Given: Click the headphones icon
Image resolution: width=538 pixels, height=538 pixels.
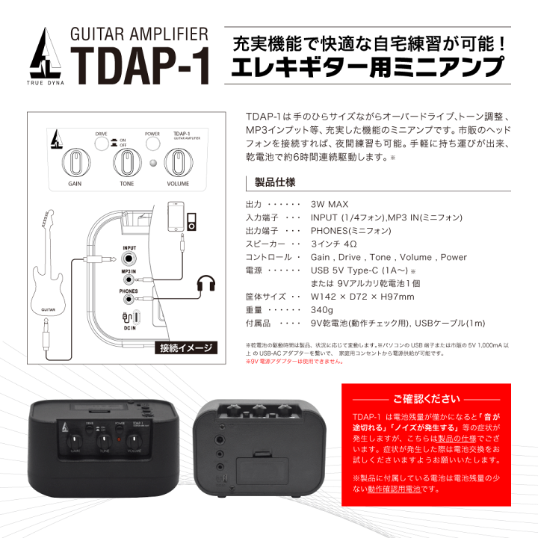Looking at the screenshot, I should [x=206, y=284].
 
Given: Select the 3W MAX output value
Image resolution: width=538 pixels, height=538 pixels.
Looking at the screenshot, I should [x=330, y=203].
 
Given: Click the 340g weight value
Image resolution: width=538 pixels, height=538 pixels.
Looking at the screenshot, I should [x=321, y=310].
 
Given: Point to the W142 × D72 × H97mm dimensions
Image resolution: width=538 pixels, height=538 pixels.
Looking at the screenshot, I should [x=362, y=297].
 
